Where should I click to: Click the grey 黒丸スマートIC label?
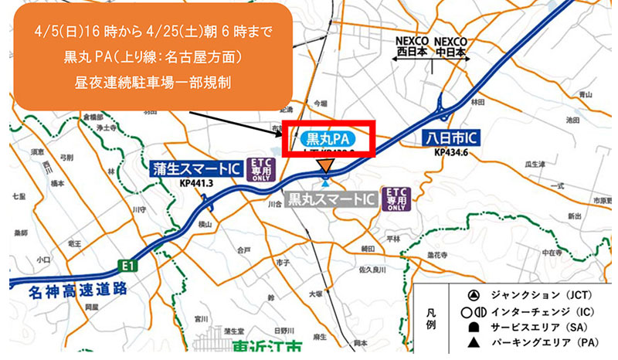click(331, 200)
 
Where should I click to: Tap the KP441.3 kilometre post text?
click(198, 185)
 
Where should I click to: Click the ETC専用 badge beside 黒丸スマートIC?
click(396, 199)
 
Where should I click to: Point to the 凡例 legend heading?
click(433, 318)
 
